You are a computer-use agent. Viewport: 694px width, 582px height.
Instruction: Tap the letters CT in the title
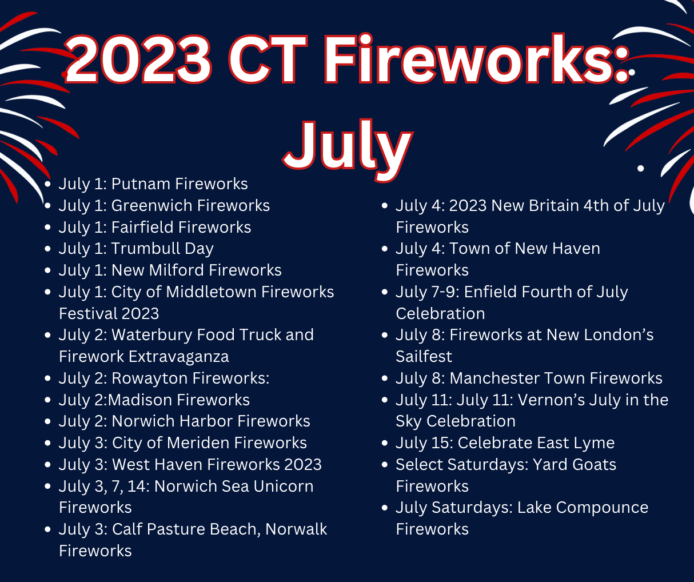tap(268, 59)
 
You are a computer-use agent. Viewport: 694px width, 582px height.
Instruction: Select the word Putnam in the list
tap(141, 184)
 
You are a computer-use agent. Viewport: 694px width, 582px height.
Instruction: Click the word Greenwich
tap(151, 206)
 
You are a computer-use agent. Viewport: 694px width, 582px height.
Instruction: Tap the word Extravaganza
tap(179, 357)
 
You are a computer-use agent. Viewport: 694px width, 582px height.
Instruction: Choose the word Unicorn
tap(284, 487)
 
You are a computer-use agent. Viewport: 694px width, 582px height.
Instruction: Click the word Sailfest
tap(424, 357)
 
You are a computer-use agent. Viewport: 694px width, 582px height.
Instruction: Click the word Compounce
tap(602, 508)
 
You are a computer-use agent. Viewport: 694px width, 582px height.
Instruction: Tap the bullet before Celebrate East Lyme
tap(385, 443)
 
